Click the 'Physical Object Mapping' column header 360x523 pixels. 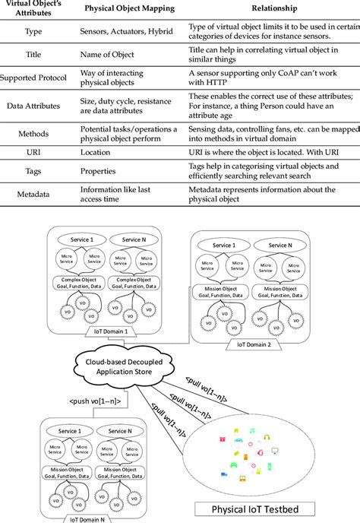point(129,10)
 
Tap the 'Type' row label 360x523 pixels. point(33,33)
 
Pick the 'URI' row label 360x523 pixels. point(33,152)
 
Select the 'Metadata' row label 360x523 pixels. point(33,194)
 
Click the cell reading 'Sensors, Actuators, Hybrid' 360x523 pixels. point(127,33)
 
